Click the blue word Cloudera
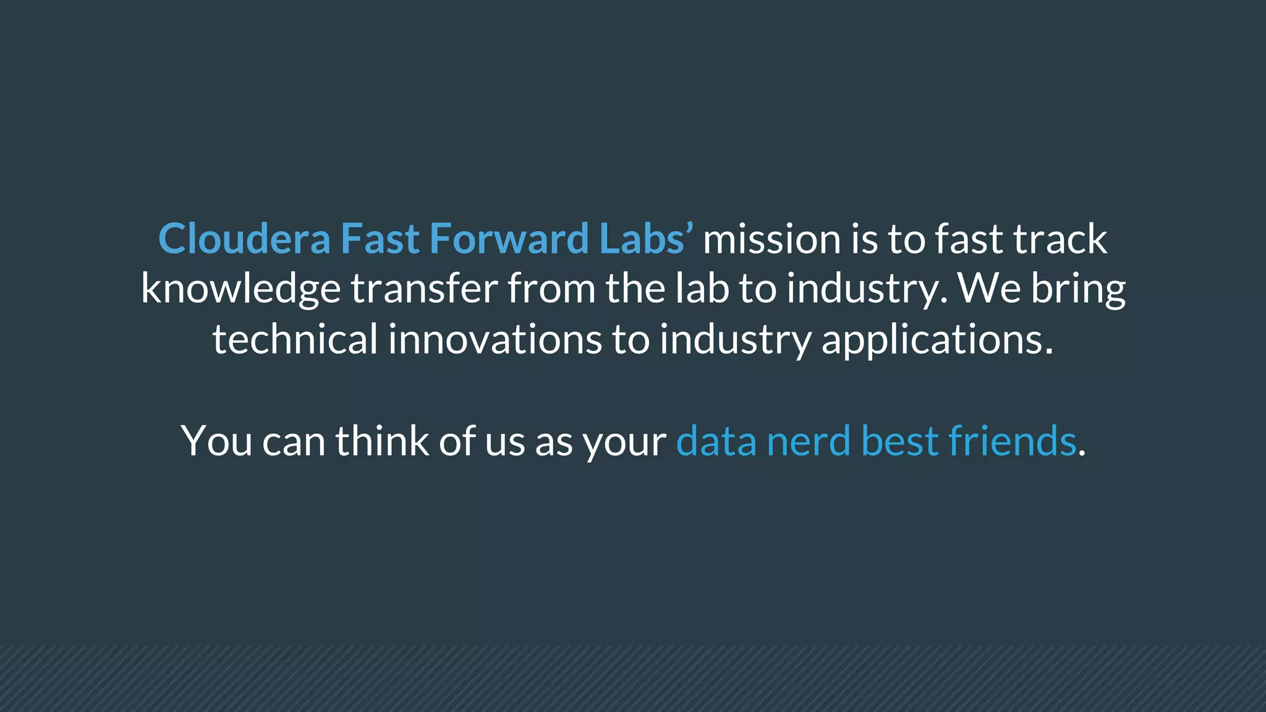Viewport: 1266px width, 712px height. (x=244, y=239)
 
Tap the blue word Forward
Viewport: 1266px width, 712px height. (x=509, y=239)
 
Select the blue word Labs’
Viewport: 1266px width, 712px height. (x=646, y=239)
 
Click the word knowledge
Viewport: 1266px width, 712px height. (x=240, y=289)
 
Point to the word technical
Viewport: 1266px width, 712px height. (x=295, y=339)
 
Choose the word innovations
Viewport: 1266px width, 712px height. (x=495, y=339)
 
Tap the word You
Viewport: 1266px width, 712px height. (x=216, y=441)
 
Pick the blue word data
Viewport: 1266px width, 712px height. (x=716, y=441)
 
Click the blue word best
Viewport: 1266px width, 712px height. (x=900, y=441)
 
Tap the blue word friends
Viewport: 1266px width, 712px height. (x=1012, y=441)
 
